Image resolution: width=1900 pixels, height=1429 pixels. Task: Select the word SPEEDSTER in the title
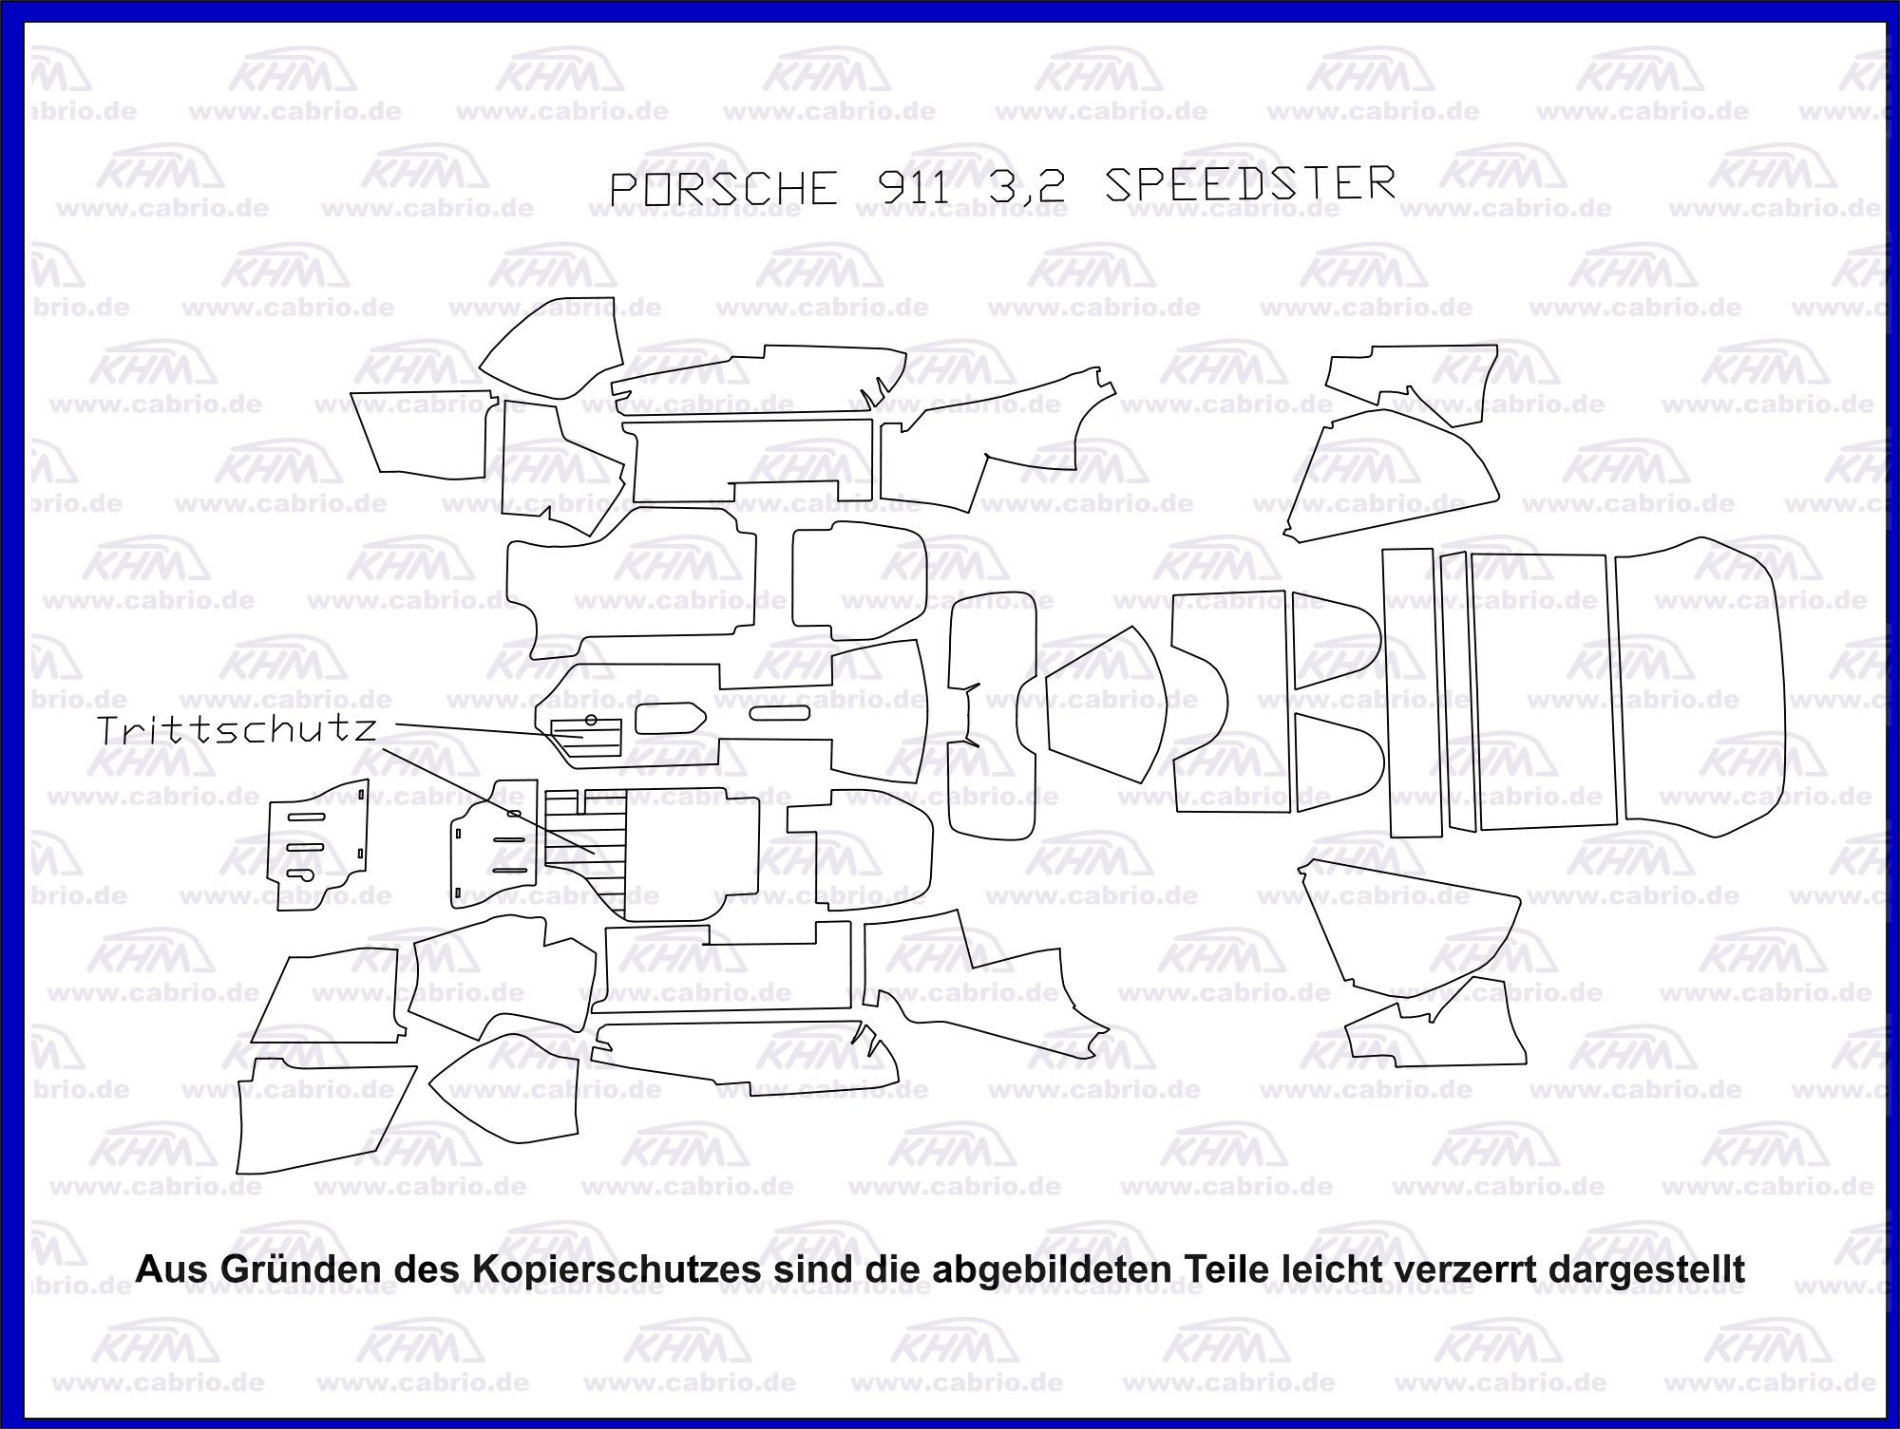click(1250, 184)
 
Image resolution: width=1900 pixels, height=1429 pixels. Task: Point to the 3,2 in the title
click(1027, 187)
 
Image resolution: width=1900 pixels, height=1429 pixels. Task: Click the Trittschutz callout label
click(237, 730)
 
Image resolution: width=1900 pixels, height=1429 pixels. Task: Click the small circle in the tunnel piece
click(590, 719)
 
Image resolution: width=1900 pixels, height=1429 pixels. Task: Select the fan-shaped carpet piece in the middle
click(1105, 704)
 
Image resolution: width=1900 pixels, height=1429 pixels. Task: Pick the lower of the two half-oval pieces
click(1333, 761)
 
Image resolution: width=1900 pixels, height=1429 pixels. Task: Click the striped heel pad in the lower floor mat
click(583, 850)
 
